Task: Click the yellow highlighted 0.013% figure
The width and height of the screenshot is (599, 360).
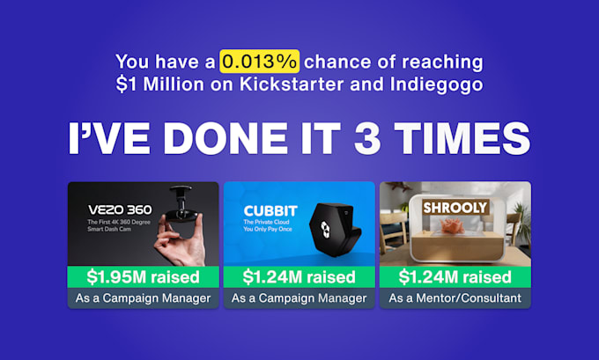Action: tap(259, 61)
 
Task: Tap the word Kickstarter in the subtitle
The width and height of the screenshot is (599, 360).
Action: tap(292, 84)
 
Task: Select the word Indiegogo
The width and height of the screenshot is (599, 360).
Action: tap(436, 84)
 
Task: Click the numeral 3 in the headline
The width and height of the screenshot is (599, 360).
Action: tap(367, 138)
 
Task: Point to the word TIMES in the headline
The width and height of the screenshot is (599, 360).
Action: tap(462, 138)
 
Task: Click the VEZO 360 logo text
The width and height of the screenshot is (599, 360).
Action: tap(120, 209)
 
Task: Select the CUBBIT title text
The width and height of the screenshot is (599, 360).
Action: tap(270, 210)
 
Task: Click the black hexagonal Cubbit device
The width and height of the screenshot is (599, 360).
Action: tap(335, 229)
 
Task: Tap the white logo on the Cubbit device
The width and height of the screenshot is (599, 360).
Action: tap(325, 230)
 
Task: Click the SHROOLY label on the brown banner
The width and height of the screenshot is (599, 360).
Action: tap(455, 208)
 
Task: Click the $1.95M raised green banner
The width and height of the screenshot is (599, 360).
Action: tap(144, 276)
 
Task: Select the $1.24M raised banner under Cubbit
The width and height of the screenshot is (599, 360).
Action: tap(299, 276)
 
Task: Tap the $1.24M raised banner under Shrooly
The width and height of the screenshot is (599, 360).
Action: tap(455, 276)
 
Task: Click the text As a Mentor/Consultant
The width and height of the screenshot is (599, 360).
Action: tap(455, 298)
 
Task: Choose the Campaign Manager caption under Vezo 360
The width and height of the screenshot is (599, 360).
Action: tap(144, 298)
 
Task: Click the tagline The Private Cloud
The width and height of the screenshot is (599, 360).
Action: tap(267, 222)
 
